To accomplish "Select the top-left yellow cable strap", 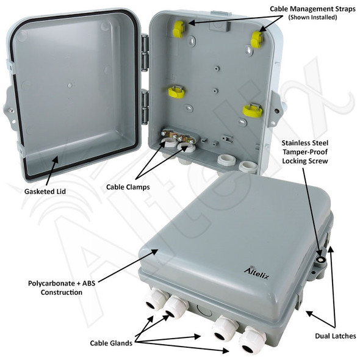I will point(179,27).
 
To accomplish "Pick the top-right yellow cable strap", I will point(257,39).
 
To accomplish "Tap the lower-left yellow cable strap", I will point(176,92).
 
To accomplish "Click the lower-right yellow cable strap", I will point(252,110).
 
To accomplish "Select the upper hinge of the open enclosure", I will point(145,44).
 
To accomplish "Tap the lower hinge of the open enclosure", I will point(145,99).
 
